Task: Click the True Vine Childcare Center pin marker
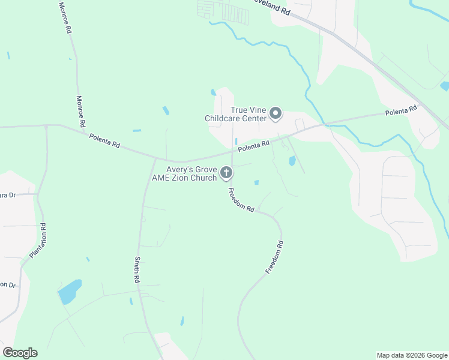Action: (276, 113)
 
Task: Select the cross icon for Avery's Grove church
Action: (226, 173)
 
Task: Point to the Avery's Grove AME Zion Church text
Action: (184, 174)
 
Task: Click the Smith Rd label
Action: (137, 270)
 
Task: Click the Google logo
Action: (20, 353)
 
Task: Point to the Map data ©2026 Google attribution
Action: (412, 355)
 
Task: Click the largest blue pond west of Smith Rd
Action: (70, 292)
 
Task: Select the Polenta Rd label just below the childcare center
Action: (253, 146)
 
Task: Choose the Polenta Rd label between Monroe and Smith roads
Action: (105, 141)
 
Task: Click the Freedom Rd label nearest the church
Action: (241, 200)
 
